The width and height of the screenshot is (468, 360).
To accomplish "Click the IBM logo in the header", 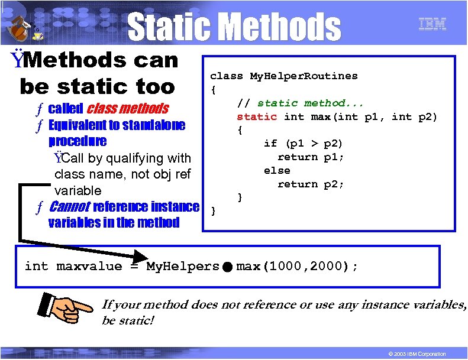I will (x=432, y=24).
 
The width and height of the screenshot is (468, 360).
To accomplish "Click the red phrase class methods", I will (x=127, y=109).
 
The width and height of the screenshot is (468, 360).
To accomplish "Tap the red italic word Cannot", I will (x=70, y=207).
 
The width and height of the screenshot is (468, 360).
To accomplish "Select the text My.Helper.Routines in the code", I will (x=304, y=76).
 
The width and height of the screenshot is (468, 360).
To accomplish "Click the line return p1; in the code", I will (x=311, y=157).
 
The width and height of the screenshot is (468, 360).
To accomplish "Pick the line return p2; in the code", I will (x=311, y=184).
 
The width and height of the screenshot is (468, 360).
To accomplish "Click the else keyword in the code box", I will (x=277, y=170).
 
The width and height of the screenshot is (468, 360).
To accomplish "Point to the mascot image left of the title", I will (x=22, y=26).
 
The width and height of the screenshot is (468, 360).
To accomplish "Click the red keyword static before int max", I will (x=256, y=116).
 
